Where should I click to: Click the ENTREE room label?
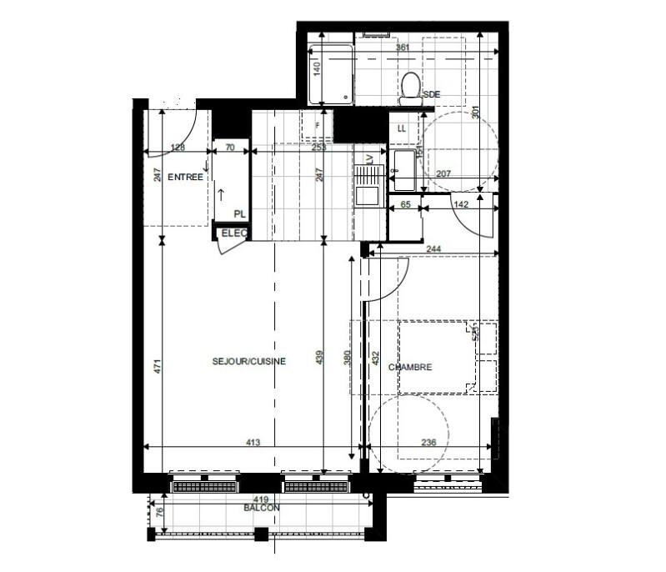click(186, 178)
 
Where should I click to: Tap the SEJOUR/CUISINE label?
click(249, 361)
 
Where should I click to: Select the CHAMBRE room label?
click(409, 366)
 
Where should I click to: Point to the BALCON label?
click(262, 508)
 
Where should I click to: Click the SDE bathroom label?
click(431, 94)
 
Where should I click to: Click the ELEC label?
click(234, 233)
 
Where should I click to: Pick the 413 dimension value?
click(251, 442)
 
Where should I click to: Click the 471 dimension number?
click(157, 366)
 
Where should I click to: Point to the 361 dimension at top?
click(403, 48)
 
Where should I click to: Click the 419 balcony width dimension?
click(261, 499)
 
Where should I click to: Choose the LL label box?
click(402, 128)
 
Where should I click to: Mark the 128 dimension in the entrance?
click(178, 148)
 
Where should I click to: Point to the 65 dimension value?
click(406, 203)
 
